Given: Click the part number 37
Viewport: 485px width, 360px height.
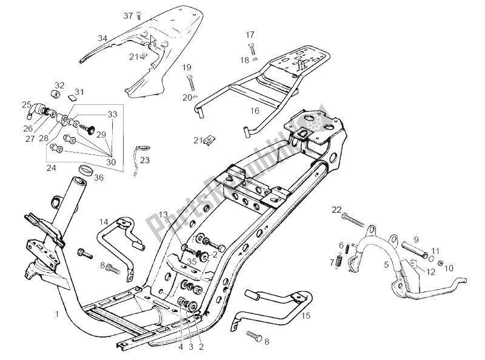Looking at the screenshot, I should tap(128, 15).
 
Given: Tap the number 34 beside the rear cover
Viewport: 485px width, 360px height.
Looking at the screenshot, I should tap(102, 38).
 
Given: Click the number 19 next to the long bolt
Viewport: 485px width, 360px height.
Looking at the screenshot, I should tap(187, 67).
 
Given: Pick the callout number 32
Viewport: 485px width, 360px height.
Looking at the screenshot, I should tap(59, 85).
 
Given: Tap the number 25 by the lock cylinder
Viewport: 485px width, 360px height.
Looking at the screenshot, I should tap(27, 104).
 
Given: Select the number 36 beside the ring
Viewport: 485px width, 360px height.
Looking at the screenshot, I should tap(99, 178).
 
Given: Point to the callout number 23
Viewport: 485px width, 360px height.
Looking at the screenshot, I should tap(144, 161).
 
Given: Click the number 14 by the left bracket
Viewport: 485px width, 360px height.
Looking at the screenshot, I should tap(104, 221).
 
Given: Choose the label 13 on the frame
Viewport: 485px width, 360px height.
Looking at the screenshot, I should tap(163, 215).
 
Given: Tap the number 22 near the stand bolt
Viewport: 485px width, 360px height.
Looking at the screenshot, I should tap(336, 210).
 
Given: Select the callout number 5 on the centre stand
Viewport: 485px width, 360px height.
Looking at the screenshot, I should tap(386, 264).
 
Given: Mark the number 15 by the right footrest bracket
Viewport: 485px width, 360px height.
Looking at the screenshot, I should tap(306, 315).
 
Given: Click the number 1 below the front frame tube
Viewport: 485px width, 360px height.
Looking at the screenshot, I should tap(56, 315).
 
